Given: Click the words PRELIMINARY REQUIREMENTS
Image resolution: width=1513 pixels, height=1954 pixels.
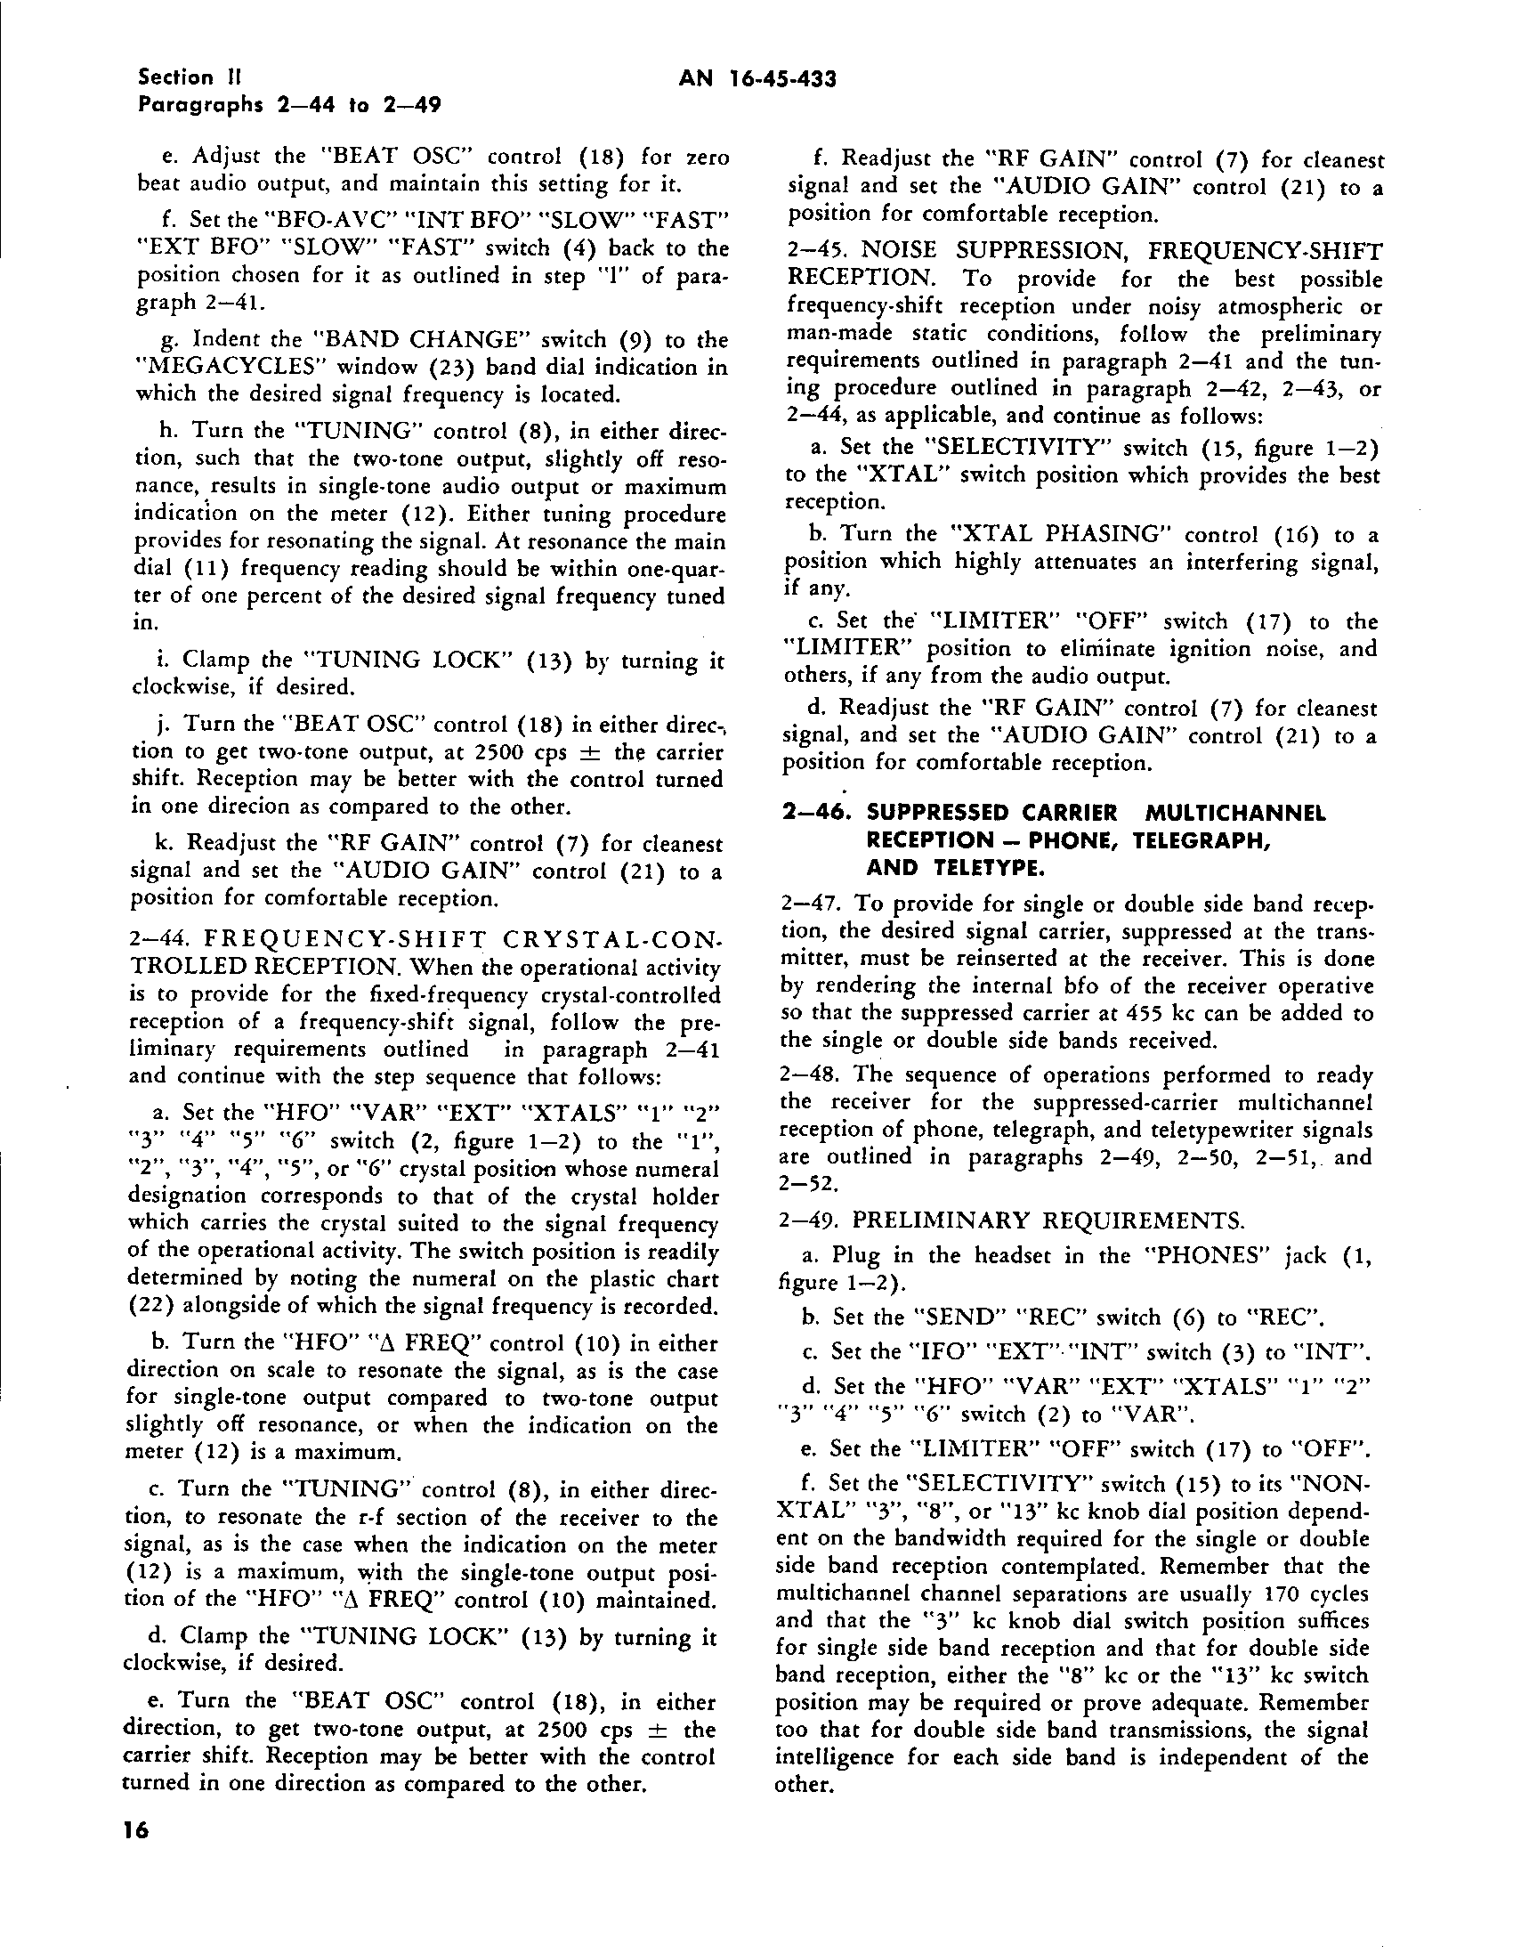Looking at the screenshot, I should click(x=1047, y=1220).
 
